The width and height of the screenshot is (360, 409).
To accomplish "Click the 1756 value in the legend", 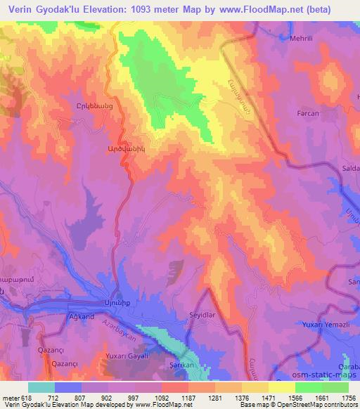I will click(x=347, y=397).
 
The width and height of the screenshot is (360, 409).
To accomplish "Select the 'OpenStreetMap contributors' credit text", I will click(x=310, y=405).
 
